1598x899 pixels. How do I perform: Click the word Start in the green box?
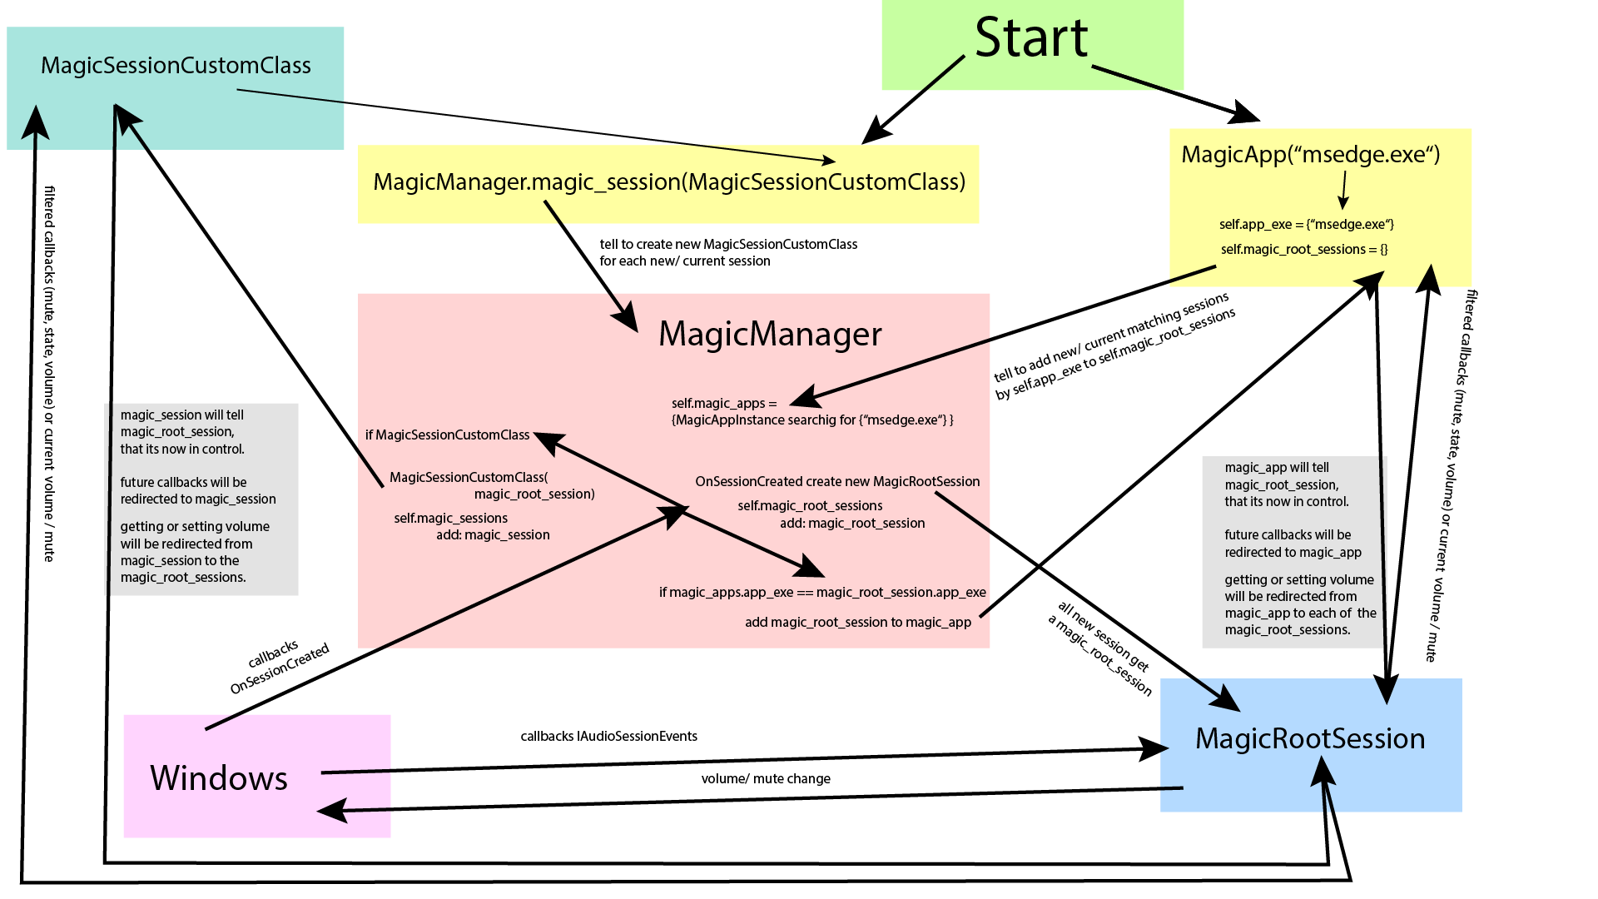[1031, 38]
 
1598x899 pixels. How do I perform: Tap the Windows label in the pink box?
[219, 778]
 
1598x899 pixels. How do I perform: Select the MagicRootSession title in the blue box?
[1310, 738]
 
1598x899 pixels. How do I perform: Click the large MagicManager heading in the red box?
[770, 334]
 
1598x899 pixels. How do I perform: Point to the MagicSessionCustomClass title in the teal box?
[176, 66]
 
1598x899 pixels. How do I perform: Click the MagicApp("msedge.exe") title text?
[1310, 155]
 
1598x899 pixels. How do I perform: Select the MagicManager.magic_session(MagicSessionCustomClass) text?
[669, 182]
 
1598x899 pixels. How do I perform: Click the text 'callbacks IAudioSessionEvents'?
[608, 736]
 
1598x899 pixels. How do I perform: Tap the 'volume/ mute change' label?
[766, 778]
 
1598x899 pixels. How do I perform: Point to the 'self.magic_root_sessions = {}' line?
[1304, 249]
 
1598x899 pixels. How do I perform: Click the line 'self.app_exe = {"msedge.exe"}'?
[1306, 225]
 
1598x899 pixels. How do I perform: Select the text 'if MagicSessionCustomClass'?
[447, 435]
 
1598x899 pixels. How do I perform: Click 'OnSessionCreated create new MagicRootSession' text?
[837, 481]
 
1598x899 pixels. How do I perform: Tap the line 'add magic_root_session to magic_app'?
[858, 622]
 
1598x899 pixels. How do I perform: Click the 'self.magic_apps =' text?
[723, 403]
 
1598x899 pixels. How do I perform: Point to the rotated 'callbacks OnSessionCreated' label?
[279, 668]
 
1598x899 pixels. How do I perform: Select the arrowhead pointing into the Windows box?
[333, 810]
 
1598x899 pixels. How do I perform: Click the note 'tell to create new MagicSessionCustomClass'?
[728, 244]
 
